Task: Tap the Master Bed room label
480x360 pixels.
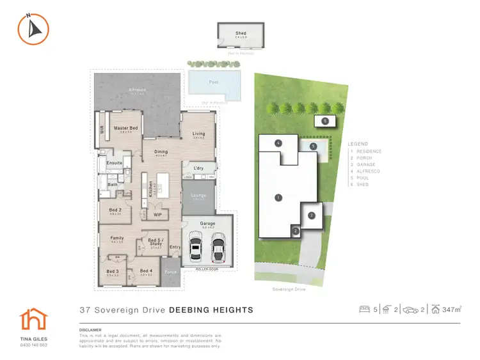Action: coord(127,128)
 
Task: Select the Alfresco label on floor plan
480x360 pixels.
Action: coord(137,90)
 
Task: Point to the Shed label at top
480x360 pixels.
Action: coord(241,33)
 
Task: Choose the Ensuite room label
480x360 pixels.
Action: coord(115,163)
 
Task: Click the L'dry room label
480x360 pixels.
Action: coord(198,168)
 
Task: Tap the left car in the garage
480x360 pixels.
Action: coord(198,247)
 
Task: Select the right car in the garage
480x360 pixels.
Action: coord(218,247)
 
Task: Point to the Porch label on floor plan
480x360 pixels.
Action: coord(171,272)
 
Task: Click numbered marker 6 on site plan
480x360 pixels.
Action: coord(325,120)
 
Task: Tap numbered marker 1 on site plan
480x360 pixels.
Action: coord(278,198)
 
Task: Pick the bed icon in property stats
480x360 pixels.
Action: coord(365,310)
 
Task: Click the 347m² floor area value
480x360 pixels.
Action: coord(452,310)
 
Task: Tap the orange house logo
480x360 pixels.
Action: coord(30,319)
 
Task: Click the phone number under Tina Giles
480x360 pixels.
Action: coord(33,345)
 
